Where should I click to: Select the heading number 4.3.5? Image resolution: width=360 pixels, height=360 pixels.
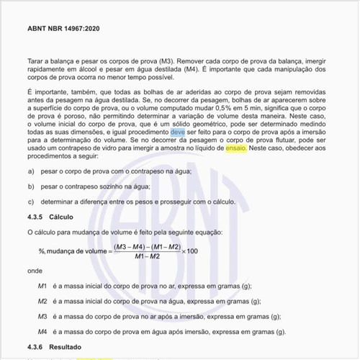(x=37, y=216)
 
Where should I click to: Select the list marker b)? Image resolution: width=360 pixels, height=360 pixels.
(x=31, y=186)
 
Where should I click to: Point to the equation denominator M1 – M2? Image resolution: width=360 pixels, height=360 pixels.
(x=145, y=257)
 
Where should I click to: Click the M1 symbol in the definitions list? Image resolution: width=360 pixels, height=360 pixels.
(x=42, y=286)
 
